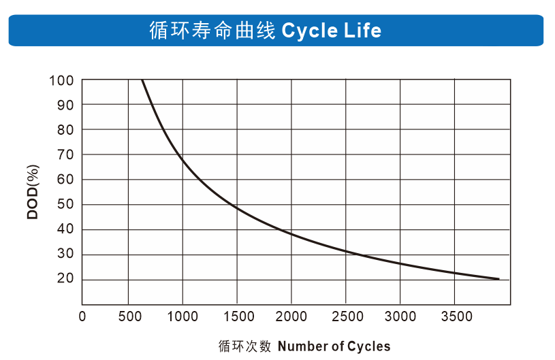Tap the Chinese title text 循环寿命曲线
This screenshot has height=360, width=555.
[212, 31]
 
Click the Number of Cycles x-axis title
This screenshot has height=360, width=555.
[334, 346]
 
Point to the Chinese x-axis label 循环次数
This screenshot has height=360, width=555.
[245, 346]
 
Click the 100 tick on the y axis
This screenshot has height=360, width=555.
[61, 81]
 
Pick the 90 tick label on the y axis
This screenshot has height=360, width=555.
[65, 105]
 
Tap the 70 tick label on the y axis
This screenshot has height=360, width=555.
[65, 155]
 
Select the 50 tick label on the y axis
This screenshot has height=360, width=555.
[65, 205]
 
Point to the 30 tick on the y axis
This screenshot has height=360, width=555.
[65, 255]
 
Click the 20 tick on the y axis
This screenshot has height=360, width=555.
[65, 278]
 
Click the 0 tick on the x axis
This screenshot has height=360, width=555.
[82, 316]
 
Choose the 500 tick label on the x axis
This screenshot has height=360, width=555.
[129, 316]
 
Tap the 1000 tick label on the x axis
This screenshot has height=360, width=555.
[183, 316]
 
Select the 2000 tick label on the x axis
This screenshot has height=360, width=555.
[291, 316]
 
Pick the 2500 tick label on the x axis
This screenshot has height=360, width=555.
[346, 316]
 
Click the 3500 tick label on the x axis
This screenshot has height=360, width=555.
[455, 316]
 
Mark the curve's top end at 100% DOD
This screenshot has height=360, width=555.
[142, 80]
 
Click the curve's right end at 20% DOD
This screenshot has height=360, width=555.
[498, 278]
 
